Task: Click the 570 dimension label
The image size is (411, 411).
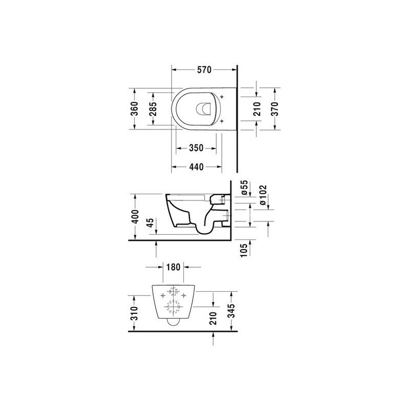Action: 204,70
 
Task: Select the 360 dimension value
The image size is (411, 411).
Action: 134,108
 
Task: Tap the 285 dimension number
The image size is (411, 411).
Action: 153,108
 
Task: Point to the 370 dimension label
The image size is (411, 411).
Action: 275,109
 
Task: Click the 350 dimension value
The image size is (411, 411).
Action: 196,148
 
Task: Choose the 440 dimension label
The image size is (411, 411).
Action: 196,166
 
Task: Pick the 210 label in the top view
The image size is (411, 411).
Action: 257,109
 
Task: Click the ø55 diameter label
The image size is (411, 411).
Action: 244,188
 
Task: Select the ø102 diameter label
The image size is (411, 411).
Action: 263,195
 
